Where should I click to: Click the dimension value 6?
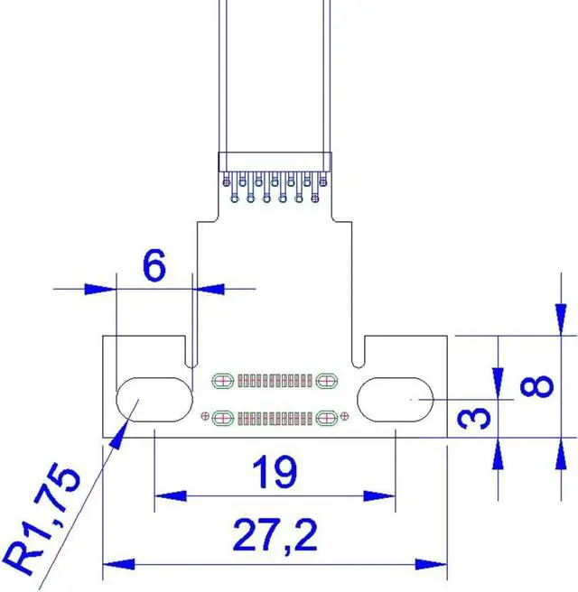154,266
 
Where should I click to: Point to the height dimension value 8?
538,386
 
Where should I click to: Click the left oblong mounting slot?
154,398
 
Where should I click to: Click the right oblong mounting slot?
397,397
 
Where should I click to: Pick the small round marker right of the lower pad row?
344,416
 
